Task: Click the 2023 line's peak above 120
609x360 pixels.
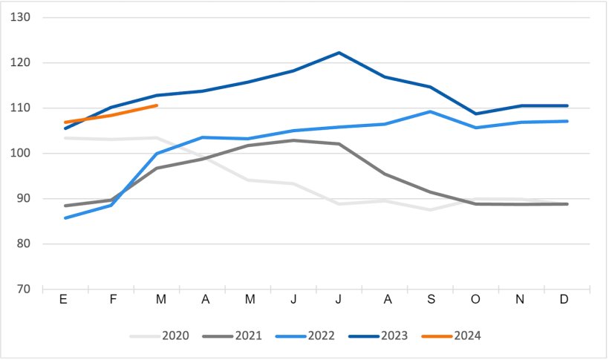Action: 339,53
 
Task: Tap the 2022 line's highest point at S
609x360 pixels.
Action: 431,111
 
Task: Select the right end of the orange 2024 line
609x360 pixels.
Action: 157,105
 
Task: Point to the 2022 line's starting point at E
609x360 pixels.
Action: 65,217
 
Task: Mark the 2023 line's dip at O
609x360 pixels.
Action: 476,114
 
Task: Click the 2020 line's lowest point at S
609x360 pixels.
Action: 431,209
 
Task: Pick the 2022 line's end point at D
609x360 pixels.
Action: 567,121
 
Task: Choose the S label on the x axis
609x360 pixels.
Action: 431,299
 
